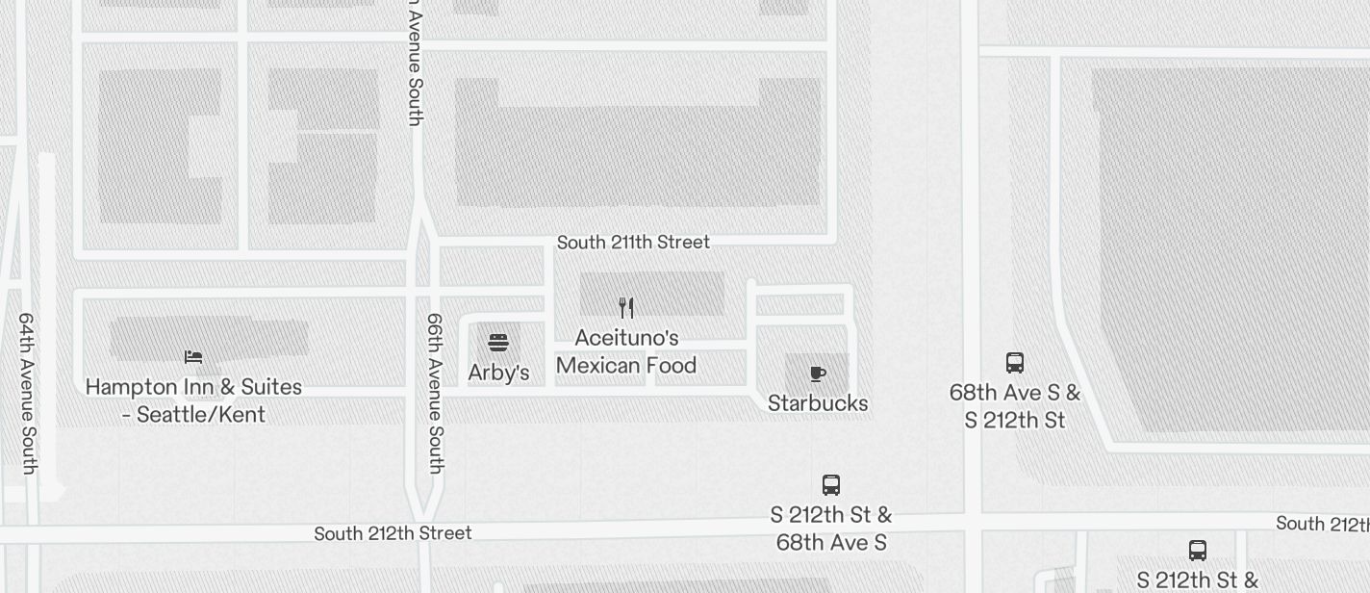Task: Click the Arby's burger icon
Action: (x=498, y=343)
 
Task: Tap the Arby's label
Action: (x=498, y=373)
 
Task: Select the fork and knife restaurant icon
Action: (x=626, y=308)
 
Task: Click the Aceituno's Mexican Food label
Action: (x=626, y=351)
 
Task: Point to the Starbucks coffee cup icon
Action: (x=818, y=374)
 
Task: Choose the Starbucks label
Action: (x=818, y=403)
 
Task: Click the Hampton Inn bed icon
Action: (x=193, y=357)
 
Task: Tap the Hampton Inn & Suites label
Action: (x=193, y=387)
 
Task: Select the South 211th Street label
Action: (x=633, y=243)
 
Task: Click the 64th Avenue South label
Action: (x=27, y=393)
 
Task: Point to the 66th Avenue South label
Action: (x=435, y=393)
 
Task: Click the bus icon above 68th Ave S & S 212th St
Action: (x=1015, y=363)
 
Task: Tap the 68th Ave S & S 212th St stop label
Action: (x=1015, y=406)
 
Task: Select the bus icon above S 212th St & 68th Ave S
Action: (x=831, y=485)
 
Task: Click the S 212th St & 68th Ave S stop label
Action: (x=831, y=529)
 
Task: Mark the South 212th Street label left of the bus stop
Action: (x=393, y=533)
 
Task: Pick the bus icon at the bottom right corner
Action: (x=1198, y=551)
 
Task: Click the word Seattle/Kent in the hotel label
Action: (x=201, y=415)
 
